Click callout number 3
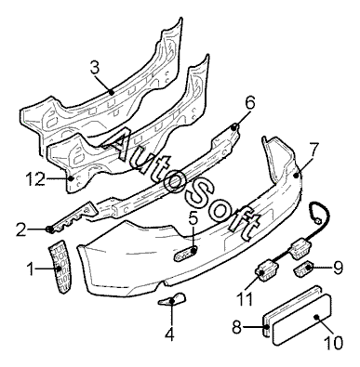(96, 68)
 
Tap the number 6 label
(250, 103)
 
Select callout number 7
(313, 151)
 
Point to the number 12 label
(34, 178)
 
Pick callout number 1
(30, 269)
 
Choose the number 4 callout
(169, 334)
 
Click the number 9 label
(338, 268)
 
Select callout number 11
(245, 298)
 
